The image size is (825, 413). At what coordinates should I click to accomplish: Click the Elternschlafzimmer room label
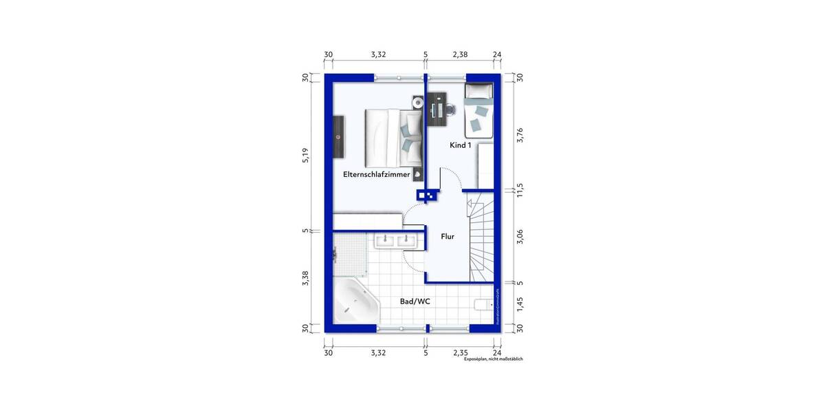(376, 175)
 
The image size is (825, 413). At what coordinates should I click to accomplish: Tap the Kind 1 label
(460, 146)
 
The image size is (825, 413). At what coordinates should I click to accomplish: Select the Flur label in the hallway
(448, 237)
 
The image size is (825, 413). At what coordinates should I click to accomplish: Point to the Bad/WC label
(415, 301)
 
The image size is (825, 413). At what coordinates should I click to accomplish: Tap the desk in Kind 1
(437, 109)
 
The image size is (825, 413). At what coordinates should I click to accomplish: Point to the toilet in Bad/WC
(485, 305)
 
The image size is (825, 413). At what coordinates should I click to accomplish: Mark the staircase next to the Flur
(481, 237)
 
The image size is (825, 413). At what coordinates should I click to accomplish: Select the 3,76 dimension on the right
(520, 136)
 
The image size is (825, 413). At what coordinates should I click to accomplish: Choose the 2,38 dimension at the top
(459, 54)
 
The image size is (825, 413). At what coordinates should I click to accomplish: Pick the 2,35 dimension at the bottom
(459, 352)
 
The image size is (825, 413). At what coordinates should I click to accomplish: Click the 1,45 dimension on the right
(520, 304)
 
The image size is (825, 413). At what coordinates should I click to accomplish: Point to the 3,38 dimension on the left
(306, 279)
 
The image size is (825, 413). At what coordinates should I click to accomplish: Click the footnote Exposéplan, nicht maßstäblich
(493, 359)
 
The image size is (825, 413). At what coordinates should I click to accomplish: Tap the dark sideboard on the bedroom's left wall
(338, 137)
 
